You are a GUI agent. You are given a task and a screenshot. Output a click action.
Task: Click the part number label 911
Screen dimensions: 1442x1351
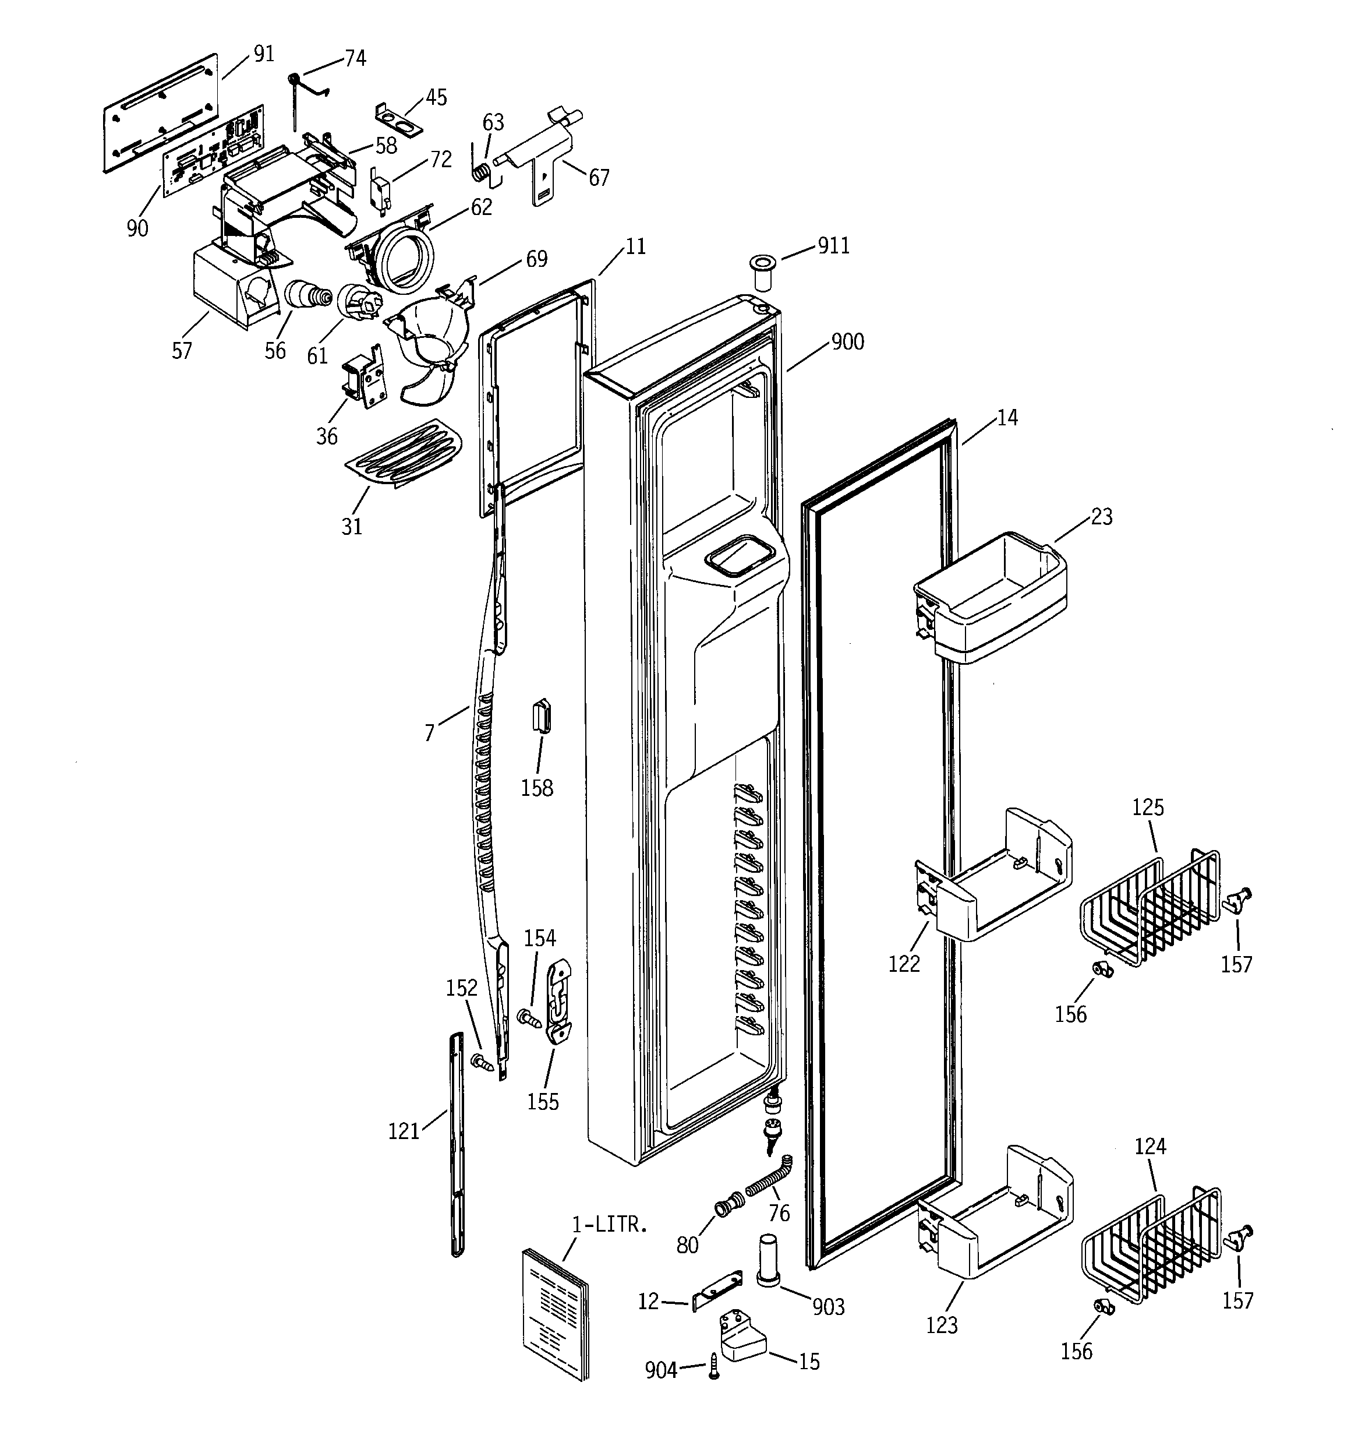pyautogui.click(x=833, y=246)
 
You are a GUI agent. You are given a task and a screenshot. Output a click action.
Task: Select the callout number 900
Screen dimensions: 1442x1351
pyautogui.click(x=847, y=341)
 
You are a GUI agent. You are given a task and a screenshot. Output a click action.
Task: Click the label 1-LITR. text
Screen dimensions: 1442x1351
pyautogui.click(x=609, y=1225)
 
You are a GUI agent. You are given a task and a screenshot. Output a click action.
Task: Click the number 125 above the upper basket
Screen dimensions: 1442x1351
pyautogui.click(x=1148, y=808)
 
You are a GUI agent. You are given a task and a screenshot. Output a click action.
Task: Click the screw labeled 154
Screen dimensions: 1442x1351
pyautogui.click(x=529, y=1018)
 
